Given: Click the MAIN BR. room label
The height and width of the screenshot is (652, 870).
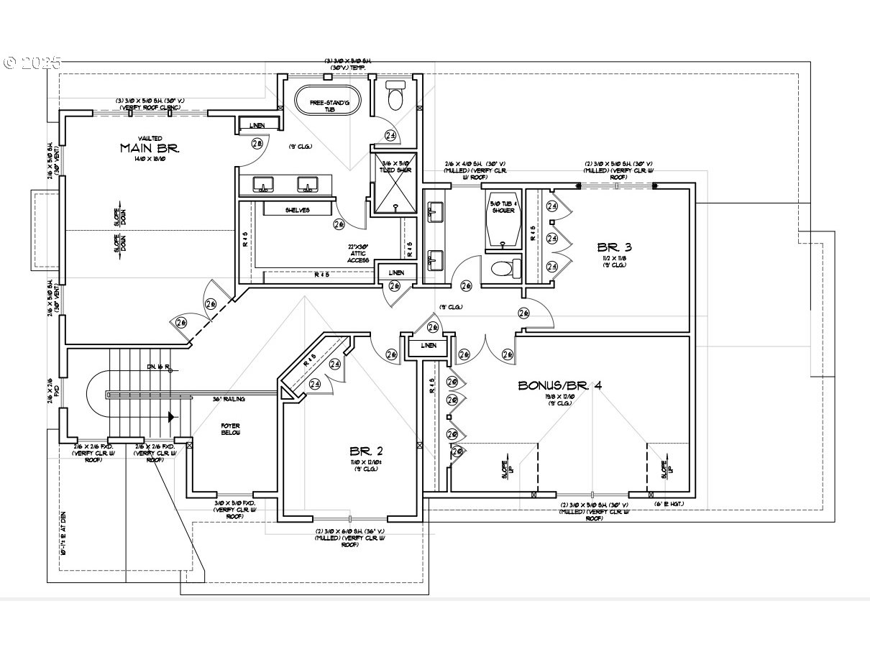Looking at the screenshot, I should (149, 148).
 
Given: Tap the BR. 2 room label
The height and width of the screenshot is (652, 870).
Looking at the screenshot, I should (366, 451).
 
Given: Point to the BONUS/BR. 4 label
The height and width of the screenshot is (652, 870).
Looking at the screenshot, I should (560, 385).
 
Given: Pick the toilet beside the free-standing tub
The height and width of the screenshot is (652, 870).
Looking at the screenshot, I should (395, 96).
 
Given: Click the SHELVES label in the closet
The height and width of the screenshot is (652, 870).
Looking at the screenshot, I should (296, 210).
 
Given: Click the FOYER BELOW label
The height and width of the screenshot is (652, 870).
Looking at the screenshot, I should (230, 430).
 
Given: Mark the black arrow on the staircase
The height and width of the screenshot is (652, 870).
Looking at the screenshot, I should (171, 416).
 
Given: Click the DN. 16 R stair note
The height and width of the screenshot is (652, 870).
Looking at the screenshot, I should (158, 367).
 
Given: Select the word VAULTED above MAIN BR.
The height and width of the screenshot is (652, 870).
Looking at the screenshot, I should (150, 138).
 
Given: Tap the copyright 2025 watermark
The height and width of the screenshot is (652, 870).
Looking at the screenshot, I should (32, 63).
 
